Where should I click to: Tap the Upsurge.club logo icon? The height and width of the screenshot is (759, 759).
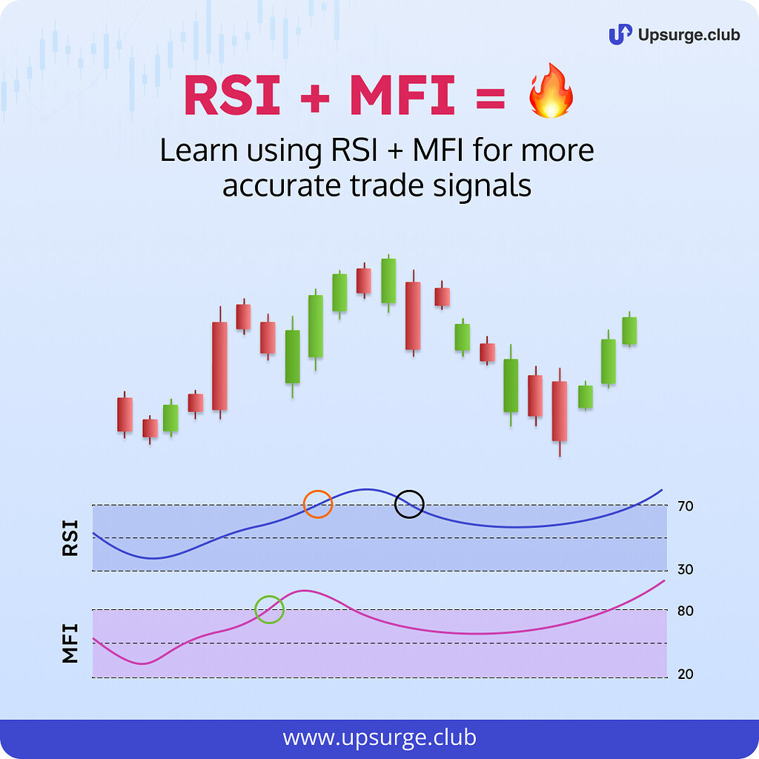(620, 34)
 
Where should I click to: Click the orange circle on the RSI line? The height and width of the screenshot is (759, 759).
(318, 504)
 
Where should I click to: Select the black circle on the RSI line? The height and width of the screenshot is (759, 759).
(409, 504)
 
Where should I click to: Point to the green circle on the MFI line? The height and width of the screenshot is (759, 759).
(269, 609)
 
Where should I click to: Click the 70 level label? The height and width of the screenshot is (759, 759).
(685, 507)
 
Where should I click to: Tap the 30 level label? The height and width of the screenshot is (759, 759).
(685, 569)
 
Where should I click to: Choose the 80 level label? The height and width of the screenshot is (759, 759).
(685, 611)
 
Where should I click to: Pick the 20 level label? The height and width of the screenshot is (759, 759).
(685, 675)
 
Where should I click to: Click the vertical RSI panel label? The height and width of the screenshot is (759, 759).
(70, 539)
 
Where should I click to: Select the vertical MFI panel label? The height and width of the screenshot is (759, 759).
(70, 643)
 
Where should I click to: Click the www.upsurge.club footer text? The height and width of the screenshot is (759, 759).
(379, 738)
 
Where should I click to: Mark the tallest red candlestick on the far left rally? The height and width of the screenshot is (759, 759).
(219, 365)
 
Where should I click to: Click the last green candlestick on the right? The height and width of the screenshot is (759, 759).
(629, 330)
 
